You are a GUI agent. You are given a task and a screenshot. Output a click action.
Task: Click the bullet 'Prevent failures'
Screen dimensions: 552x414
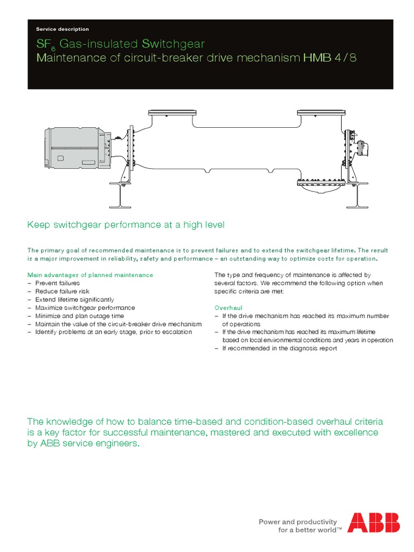(x=57, y=283)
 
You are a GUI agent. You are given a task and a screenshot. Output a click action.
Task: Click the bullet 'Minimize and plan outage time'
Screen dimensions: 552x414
(x=79, y=316)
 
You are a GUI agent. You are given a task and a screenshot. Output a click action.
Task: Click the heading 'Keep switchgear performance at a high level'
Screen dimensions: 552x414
(x=126, y=225)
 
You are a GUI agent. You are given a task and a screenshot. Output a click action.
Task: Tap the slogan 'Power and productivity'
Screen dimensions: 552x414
(x=298, y=522)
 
